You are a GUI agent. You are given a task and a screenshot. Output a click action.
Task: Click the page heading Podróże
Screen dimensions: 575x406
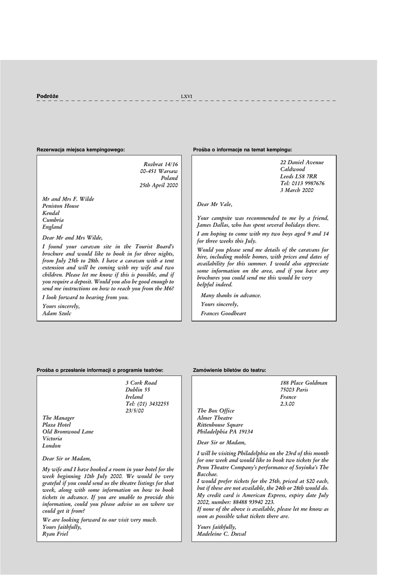point(48,96)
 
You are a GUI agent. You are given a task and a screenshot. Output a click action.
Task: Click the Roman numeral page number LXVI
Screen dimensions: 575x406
point(186,97)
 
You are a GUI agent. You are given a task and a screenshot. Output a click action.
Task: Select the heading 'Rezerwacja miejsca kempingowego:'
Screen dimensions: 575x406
point(81,149)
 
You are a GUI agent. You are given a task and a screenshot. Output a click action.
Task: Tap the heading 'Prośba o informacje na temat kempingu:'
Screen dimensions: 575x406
point(242,149)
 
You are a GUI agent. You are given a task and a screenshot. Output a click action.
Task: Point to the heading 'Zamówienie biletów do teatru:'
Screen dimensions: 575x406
point(229,370)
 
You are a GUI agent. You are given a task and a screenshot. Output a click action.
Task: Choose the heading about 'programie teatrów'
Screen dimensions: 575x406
point(100,370)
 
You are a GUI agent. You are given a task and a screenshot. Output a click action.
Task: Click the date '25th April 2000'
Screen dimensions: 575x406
point(159,185)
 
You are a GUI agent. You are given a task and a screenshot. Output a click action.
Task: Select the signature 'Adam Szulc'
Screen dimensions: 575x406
point(57,313)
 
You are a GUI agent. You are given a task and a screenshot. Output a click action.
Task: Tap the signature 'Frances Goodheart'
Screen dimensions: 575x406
point(223,313)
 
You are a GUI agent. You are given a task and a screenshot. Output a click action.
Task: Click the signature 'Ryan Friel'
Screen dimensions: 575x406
point(56,534)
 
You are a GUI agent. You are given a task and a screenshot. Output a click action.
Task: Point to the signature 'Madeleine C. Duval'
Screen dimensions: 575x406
point(222,534)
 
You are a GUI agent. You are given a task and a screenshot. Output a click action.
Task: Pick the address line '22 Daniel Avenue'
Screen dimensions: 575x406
point(302,162)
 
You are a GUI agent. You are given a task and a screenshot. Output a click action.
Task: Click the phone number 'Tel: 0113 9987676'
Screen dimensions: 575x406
point(302,183)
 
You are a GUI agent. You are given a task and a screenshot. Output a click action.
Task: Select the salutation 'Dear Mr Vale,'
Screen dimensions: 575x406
point(214,204)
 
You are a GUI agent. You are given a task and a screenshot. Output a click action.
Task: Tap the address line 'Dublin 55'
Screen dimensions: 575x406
point(138,390)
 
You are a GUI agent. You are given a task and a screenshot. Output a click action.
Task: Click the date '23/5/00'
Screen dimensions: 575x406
point(135,410)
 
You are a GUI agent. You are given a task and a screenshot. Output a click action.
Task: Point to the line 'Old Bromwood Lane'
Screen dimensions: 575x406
point(68,432)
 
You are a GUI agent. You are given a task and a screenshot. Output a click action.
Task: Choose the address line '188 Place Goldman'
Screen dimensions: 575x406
point(303,383)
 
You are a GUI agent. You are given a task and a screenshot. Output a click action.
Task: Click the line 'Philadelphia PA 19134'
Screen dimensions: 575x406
point(225,432)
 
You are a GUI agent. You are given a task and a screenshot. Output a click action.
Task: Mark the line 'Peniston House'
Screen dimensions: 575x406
point(61,206)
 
